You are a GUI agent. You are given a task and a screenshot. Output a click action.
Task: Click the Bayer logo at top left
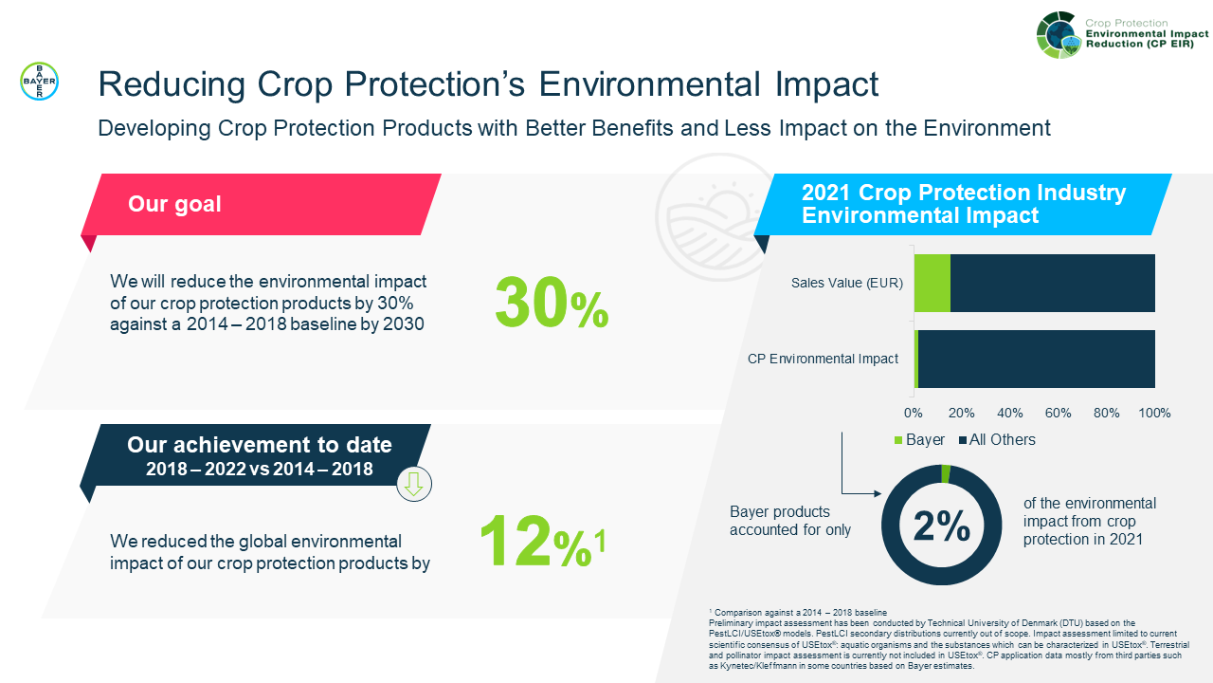point(39,82)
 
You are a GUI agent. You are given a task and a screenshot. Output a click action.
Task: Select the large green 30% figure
point(551,304)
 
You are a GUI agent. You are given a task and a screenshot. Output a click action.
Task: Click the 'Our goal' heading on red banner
point(174,204)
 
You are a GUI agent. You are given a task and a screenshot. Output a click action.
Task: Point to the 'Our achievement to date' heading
point(259,445)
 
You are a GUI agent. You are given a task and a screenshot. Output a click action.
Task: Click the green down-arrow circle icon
point(413,484)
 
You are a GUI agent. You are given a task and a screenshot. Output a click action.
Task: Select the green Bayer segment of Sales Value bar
point(932,283)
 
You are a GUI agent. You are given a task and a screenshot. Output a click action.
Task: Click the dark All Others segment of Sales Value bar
point(1052,283)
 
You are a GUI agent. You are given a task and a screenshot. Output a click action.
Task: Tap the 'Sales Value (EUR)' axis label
point(847,283)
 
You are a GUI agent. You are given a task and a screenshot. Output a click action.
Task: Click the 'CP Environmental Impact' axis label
point(823,359)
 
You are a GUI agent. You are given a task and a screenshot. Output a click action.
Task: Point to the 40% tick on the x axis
point(1010,413)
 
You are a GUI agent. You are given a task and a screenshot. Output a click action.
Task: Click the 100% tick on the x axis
point(1153,413)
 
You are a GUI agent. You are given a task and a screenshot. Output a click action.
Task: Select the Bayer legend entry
point(919,439)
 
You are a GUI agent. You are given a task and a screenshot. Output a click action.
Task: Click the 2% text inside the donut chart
point(941,526)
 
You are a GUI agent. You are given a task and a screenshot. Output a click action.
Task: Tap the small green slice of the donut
point(945,473)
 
